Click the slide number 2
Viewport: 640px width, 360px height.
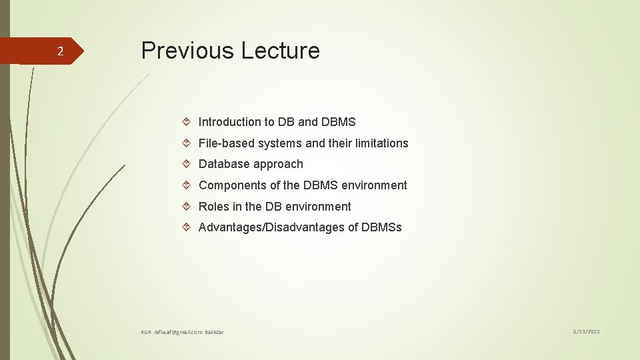59,52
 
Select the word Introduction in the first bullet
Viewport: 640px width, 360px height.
230,122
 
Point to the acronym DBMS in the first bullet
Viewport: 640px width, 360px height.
338,122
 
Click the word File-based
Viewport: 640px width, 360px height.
227,143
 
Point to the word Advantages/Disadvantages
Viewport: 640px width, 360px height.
278,228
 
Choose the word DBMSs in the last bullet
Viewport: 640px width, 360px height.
381,228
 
